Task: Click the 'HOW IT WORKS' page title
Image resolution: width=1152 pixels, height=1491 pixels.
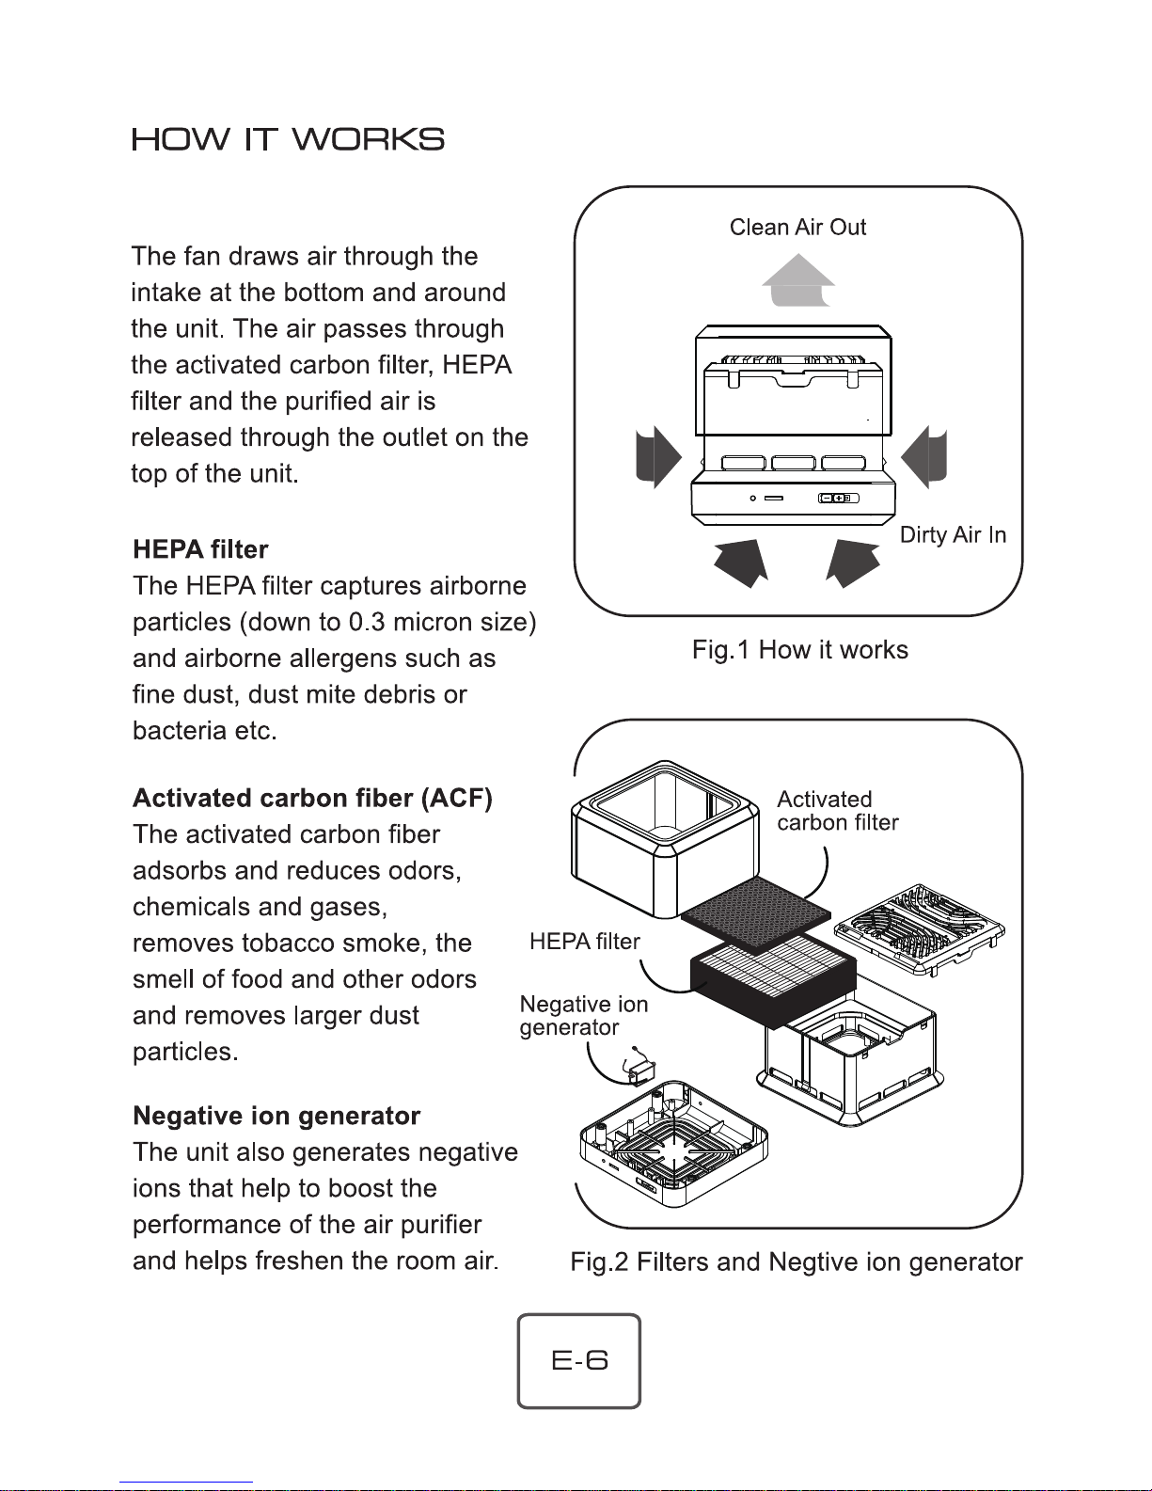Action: click(x=288, y=139)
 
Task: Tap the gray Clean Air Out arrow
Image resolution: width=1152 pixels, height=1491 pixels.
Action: click(x=798, y=280)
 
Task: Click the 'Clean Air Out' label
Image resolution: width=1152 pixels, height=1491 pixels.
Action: click(x=797, y=227)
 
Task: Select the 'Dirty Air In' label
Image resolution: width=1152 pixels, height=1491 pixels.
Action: click(x=953, y=534)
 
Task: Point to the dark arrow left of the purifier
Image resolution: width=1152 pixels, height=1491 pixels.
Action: click(x=658, y=457)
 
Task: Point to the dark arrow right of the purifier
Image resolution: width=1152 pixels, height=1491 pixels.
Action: click(x=924, y=457)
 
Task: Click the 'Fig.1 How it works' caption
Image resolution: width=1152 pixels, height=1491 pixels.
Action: click(x=799, y=649)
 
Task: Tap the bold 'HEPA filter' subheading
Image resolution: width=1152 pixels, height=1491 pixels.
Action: click(x=200, y=549)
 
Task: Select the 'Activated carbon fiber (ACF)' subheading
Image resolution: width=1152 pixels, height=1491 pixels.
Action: click(x=312, y=798)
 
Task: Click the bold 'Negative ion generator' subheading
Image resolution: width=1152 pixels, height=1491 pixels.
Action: click(x=276, y=1116)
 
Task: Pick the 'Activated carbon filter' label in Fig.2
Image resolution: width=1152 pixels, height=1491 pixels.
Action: click(x=837, y=811)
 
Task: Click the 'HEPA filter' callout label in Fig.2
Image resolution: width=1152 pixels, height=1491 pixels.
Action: click(x=584, y=942)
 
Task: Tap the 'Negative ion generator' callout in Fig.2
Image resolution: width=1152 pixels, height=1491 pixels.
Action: click(x=584, y=1016)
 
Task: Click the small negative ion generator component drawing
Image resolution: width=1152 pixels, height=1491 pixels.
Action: click(x=639, y=1068)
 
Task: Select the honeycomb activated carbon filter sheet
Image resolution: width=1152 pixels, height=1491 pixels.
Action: click(x=755, y=914)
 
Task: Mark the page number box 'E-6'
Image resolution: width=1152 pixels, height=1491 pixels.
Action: click(x=578, y=1361)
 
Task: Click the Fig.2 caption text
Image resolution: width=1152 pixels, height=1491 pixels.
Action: click(x=797, y=1261)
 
